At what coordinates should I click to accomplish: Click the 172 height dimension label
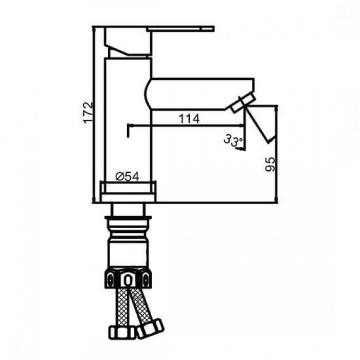tap(89, 112)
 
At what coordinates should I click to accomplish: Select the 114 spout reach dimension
tap(189, 118)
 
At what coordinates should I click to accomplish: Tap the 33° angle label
tap(232, 140)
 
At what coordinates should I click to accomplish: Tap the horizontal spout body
tap(201, 93)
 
